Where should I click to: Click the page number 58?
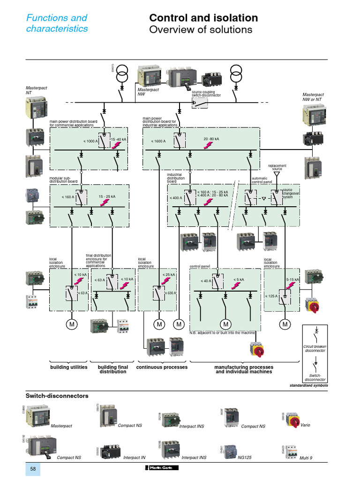click(33, 469)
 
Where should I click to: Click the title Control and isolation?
click(203, 18)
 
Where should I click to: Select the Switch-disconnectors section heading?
click(57, 396)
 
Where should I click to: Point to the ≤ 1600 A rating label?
click(159, 141)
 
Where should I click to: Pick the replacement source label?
click(277, 167)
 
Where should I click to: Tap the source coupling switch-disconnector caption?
click(206, 94)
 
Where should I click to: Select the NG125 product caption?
click(245, 457)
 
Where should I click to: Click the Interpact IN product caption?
click(134, 457)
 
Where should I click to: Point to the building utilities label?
click(68, 367)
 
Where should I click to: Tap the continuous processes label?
click(162, 367)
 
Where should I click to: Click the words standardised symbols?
click(308, 385)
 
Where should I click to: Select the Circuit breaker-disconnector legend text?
click(315, 348)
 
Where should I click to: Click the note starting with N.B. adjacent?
click(222, 332)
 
